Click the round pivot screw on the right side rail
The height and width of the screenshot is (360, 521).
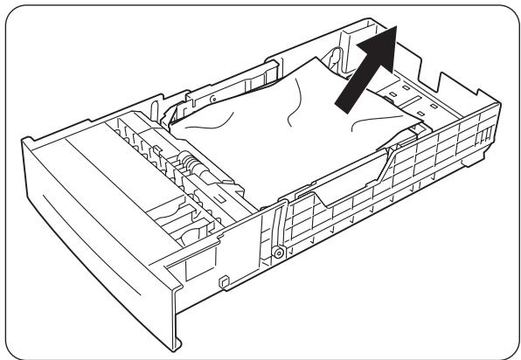[278, 253]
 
